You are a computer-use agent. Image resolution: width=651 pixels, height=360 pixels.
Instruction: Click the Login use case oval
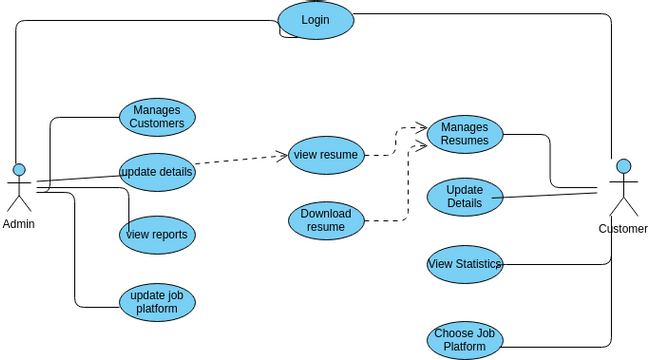tap(315, 20)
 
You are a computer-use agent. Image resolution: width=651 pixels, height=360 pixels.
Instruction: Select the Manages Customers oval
tap(157, 117)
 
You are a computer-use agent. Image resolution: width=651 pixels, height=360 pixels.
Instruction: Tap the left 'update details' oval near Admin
tap(157, 172)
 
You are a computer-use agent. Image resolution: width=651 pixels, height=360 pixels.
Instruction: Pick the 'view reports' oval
tap(157, 235)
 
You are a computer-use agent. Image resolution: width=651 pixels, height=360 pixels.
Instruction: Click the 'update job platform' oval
tap(157, 301)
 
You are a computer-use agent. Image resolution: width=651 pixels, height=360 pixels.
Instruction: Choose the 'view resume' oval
tap(326, 155)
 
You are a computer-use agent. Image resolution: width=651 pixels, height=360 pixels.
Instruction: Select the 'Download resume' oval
tap(326, 220)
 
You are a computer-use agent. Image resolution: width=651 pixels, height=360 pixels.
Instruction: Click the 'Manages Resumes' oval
tap(465, 134)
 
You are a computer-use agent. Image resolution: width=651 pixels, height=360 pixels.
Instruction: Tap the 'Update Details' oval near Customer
tap(465, 196)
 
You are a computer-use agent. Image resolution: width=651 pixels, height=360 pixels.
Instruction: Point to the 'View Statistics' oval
tap(465, 264)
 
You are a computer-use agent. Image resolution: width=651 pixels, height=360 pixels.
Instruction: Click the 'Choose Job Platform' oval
tap(465, 340)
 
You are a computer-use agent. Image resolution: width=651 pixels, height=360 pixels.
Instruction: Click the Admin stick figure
tap(18, 187)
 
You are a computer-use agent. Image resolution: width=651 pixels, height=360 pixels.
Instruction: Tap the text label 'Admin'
tap(18, 224)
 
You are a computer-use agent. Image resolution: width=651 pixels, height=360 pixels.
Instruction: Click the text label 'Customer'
tap(623, 229)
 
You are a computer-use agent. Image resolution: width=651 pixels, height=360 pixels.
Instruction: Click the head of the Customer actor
tap(623, 166)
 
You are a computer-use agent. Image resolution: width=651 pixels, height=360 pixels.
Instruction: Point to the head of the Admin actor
tap(18, 169)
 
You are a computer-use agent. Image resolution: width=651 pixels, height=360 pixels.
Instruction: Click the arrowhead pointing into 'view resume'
tap(283, 155)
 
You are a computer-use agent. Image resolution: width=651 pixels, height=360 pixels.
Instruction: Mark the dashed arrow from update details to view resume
tap(240, 160)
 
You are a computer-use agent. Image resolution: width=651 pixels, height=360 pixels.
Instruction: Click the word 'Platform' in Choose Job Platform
tap(465, 347)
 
